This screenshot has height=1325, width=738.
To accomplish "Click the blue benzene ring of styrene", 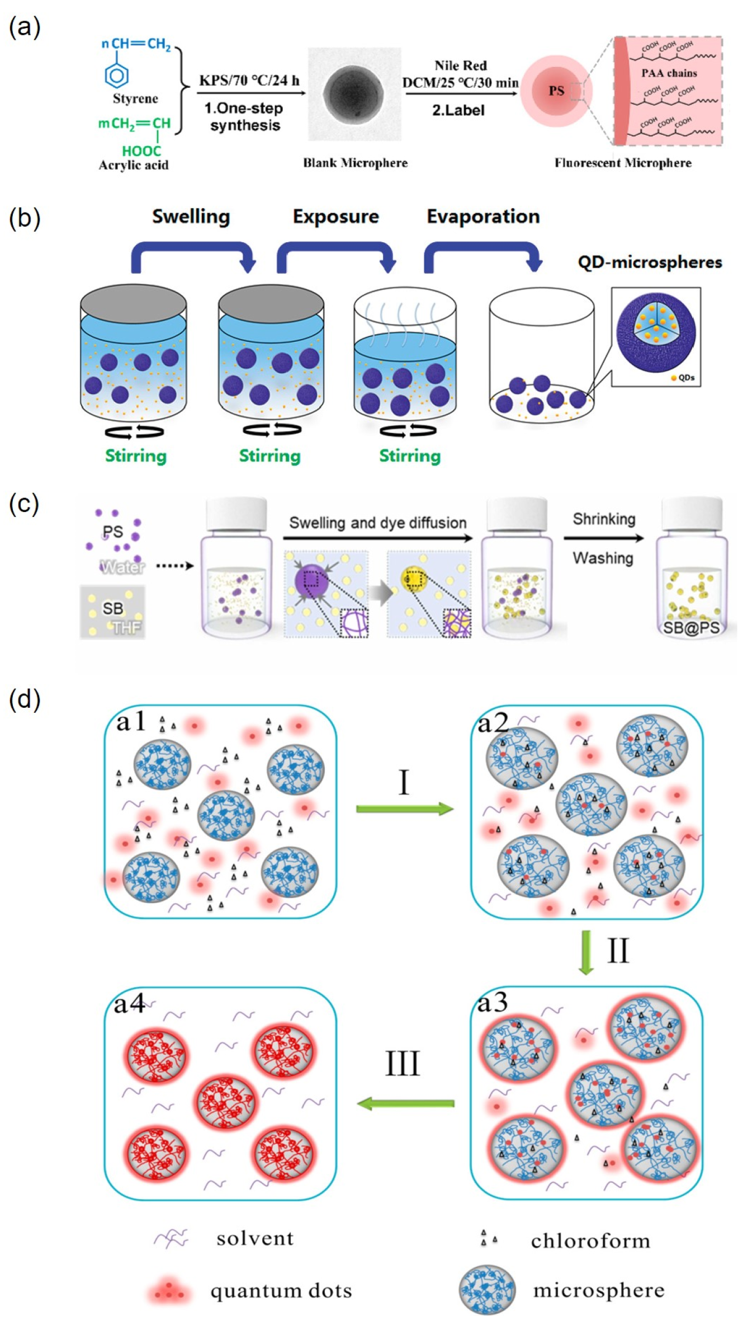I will (x=117, y=75).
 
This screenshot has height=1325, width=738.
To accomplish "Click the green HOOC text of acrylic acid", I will (x=141, y=151).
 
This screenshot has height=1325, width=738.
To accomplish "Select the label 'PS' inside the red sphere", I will (x=556, y=91).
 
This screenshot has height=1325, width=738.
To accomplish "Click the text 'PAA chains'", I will (x=669, y=73).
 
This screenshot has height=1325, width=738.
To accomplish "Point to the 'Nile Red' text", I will (x=460, y=65).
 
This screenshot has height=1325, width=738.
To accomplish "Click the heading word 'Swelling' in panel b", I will (x=191, y=217).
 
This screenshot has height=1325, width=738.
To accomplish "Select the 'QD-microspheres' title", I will (x=650, y=262).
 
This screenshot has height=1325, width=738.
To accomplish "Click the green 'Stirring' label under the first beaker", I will (x=136, y=455).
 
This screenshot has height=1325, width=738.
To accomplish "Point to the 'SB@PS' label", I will (x=691, y=628).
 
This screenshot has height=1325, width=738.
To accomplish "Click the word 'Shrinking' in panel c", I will (x=604, y=519).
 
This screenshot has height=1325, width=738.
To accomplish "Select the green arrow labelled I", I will (x=404, y=808).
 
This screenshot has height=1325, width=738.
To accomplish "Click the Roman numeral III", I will (x=402, y=1064).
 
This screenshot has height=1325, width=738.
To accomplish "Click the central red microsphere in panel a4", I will (x=226, y=1101).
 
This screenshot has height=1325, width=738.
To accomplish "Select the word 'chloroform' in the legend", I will (x=590, y=1241).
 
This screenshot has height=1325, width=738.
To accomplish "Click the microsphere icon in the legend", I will (x=487, y=1290).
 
